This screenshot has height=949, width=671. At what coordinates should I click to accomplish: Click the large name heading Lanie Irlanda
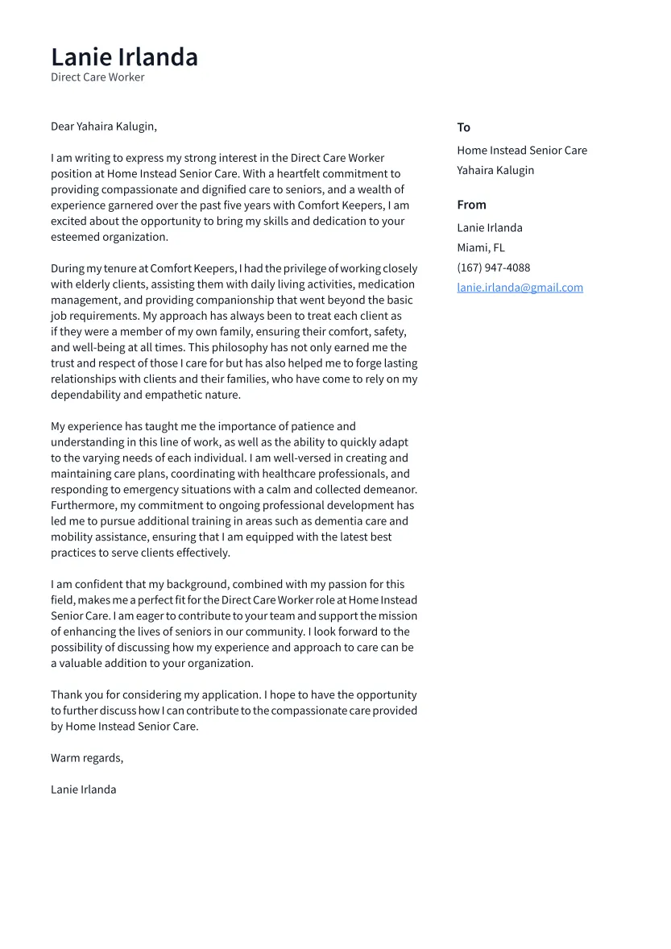point(124,57)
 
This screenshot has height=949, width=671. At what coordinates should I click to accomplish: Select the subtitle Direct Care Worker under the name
point(97,77)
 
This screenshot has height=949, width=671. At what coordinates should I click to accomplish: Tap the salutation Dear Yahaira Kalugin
point(104,126)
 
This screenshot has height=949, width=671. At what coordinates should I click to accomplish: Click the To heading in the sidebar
point(463,127)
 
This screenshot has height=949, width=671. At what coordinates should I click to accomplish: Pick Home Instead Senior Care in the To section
point(521,150)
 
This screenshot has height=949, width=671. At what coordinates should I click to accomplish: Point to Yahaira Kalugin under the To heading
point(495,170)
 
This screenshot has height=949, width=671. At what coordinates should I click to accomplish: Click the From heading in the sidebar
point(471,205)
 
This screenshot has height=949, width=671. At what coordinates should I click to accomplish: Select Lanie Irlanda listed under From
point(489,227)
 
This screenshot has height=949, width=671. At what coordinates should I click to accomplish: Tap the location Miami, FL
point(480,247)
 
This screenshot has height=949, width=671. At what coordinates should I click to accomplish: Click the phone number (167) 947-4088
point(493,267)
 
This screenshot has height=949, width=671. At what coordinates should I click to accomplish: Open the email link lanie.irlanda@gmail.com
point(520,288)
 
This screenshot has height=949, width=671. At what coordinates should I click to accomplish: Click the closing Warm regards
point(87,758)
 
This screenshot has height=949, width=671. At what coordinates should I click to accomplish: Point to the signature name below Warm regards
point(83,789)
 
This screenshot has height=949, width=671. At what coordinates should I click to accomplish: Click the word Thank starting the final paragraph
point(67,694)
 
